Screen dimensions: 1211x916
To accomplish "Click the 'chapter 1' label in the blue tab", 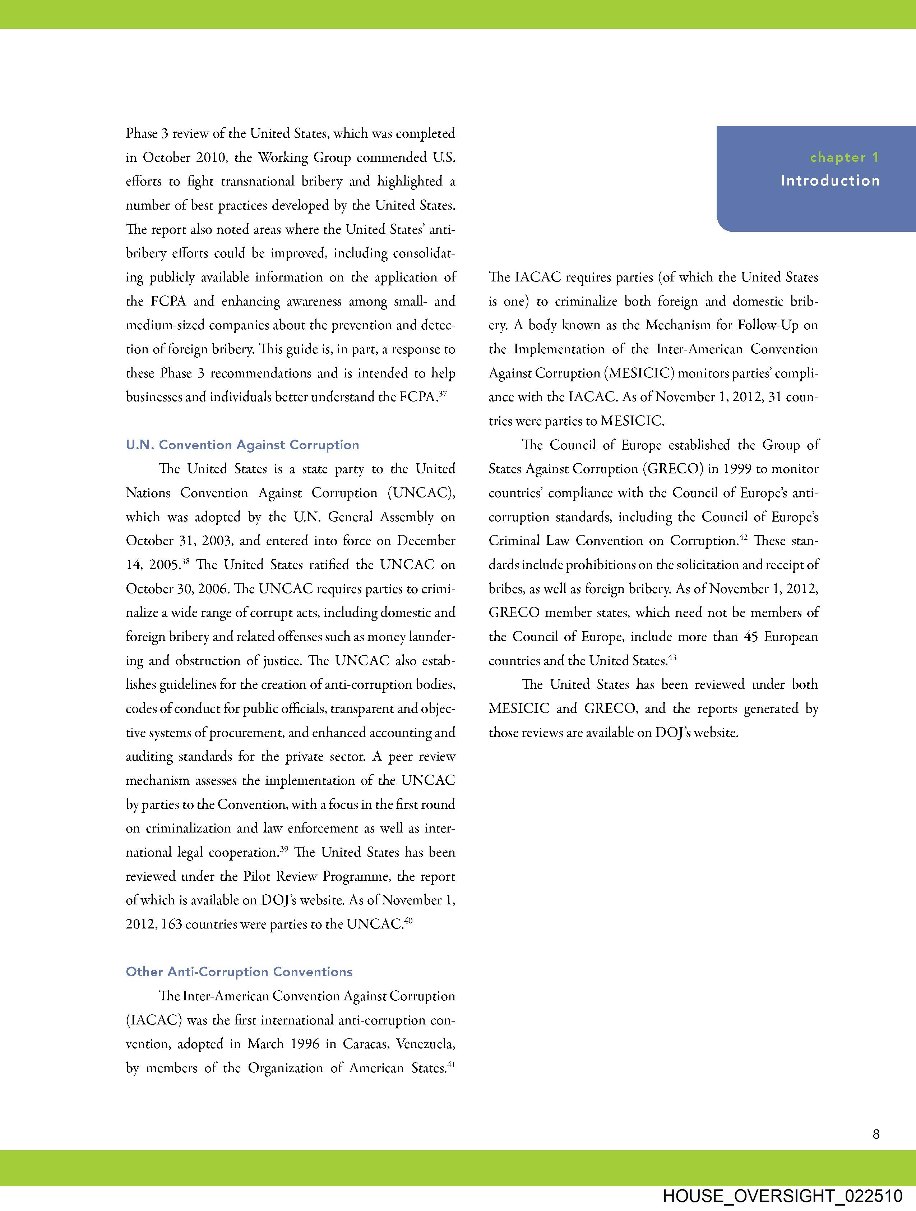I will point(844,158).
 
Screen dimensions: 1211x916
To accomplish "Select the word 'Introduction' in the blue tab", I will point(830,181).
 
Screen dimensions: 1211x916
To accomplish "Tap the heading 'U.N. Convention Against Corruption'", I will point(242,445).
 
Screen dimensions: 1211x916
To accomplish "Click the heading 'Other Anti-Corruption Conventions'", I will point(239,972).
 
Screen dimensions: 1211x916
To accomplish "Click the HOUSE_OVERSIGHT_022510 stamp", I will point(782,1196).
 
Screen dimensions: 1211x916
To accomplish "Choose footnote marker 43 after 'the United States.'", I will point(672,657).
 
